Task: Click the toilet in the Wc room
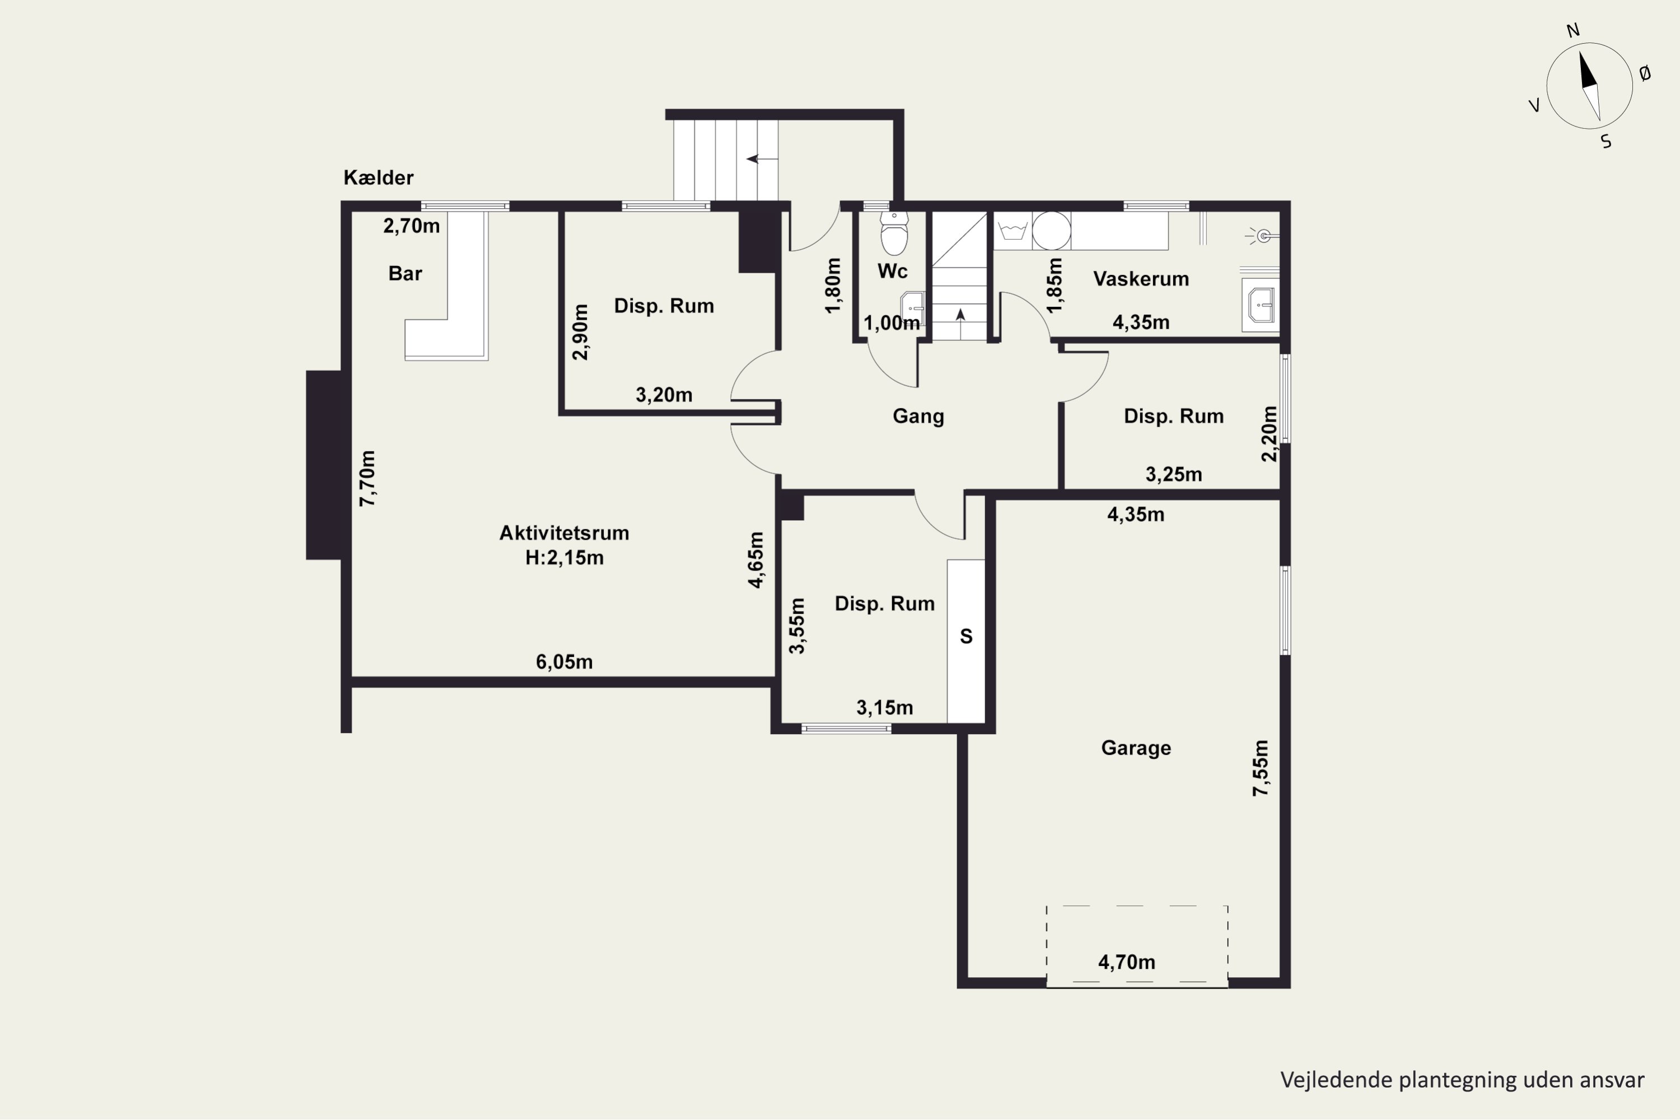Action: [894, 233]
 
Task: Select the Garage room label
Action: [1136, 748]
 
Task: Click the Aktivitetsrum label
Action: [564, 533]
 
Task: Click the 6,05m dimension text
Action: [564, 661]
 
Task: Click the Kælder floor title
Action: [379, 177]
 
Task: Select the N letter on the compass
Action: [1573, 31]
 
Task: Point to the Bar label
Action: [405, 274]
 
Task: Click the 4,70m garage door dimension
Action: [1126, 962]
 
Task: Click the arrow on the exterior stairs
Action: [762, 158]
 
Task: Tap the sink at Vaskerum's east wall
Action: [1261, 305]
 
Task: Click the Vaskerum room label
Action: [1141, 278]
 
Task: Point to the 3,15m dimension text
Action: [884, 708]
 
